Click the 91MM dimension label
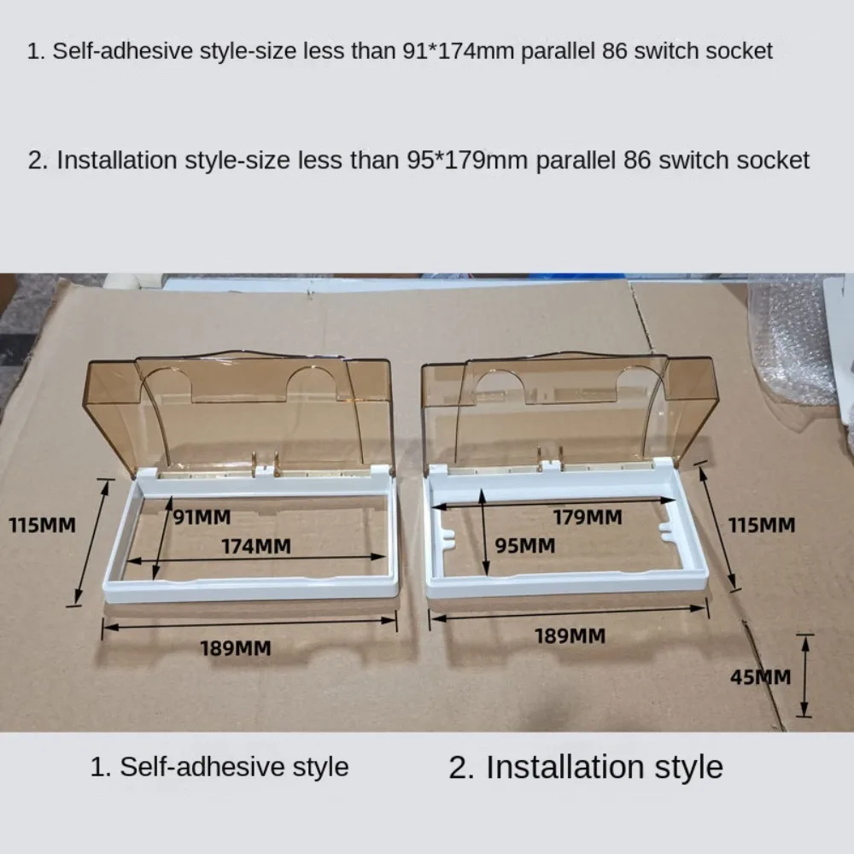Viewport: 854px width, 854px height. [x=202, y=516]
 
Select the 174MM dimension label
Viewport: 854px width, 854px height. [x=256, y=546]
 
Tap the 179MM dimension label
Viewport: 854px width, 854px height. [x=587, y=517]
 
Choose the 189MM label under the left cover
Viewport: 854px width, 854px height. [x=236, y=648]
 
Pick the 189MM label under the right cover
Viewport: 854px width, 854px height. [x=570, y=635]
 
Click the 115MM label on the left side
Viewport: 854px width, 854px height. [x=42, y=525]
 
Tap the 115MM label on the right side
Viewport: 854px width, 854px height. [x=762, y=524]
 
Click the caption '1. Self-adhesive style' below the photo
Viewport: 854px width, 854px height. [x=219, y=766]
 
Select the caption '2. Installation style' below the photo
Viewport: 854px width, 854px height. [x=586, y=767]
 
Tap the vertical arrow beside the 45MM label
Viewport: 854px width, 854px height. [x=804, y=675]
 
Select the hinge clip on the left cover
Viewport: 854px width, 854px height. [x=266, y=464]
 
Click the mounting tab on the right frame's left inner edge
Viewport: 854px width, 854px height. [x=445, y=538]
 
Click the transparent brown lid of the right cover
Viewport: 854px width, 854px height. [x=564, y=406]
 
